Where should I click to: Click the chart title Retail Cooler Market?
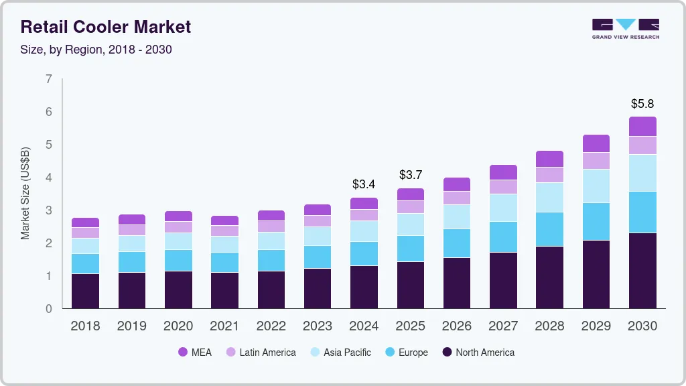(106, 27)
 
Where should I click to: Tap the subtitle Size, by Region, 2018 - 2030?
(96, 50)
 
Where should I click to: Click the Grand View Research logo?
(625, 28)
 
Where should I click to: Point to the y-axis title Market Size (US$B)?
(25, 193)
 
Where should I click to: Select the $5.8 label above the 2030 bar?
(642, 104)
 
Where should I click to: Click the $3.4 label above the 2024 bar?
(364, 184)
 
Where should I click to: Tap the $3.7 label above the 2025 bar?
(410, 175)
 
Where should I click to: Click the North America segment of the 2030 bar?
(642, 271)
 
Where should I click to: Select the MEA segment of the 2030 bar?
(642, 126)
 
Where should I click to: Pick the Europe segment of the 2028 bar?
(549, 229)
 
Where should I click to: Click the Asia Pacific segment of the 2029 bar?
(596, 186)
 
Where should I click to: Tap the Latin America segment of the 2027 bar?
(503, 186)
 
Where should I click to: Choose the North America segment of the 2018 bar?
(85, 291)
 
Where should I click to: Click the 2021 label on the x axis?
(224, 326)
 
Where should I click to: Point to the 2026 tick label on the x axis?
(456, 326)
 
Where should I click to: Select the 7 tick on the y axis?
(48, 79)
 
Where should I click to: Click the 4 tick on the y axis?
(48, 178)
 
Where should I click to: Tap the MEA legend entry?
(195, 352)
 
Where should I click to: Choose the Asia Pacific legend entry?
(340, 352)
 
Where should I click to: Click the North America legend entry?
(478, 352)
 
